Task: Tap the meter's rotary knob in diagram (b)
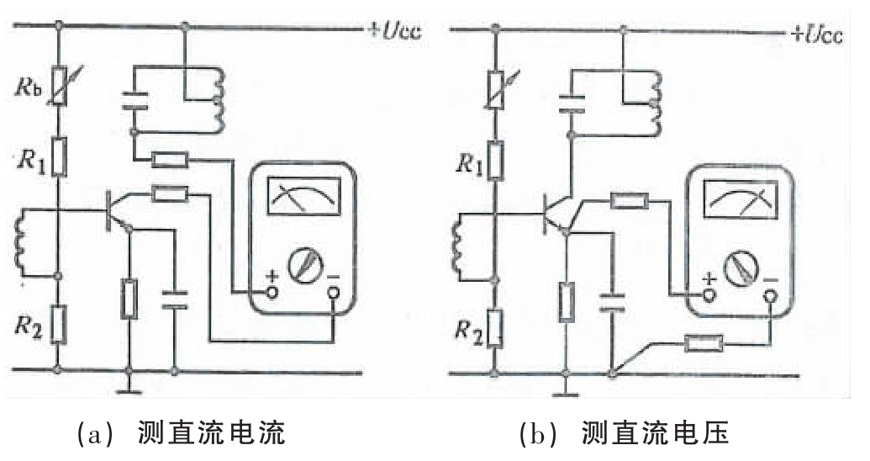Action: (x=739, y=268)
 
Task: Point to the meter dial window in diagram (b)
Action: (x=739, y=202)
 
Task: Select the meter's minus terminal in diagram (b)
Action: (x=770, y=296)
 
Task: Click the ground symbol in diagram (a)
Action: (x=128, y=384)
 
